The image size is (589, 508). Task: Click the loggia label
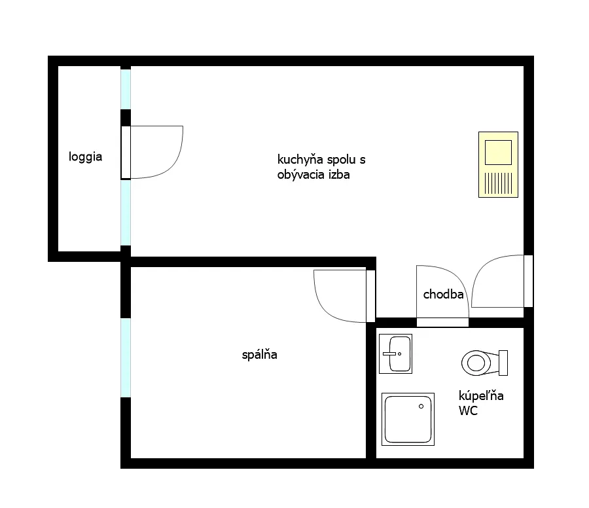click(x=85, y=156)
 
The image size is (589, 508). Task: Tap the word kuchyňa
click(x=300, y=159)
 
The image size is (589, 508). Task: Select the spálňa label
click(x=260, y=355)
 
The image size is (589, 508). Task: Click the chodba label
click(x=443, y=294)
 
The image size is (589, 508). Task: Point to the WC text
click(x=468, y=410)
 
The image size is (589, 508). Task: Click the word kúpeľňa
click(x=481, y=395)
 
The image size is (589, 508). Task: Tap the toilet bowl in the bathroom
click(x=476, y=363)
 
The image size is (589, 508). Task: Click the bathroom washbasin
click(x=395, y=354)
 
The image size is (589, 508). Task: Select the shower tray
click(x=408, y=420)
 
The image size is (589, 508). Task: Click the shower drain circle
click(x=421, y=406)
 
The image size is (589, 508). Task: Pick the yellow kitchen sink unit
click(x=498, y=164)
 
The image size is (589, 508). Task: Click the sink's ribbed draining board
click(x=498, y=183)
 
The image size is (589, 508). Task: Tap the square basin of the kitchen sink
click(x=498, y=152)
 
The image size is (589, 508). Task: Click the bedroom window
click(x=126, y=357)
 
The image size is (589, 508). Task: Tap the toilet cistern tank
click(x=503, y=363)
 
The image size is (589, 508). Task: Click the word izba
click(x=339, y=174)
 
